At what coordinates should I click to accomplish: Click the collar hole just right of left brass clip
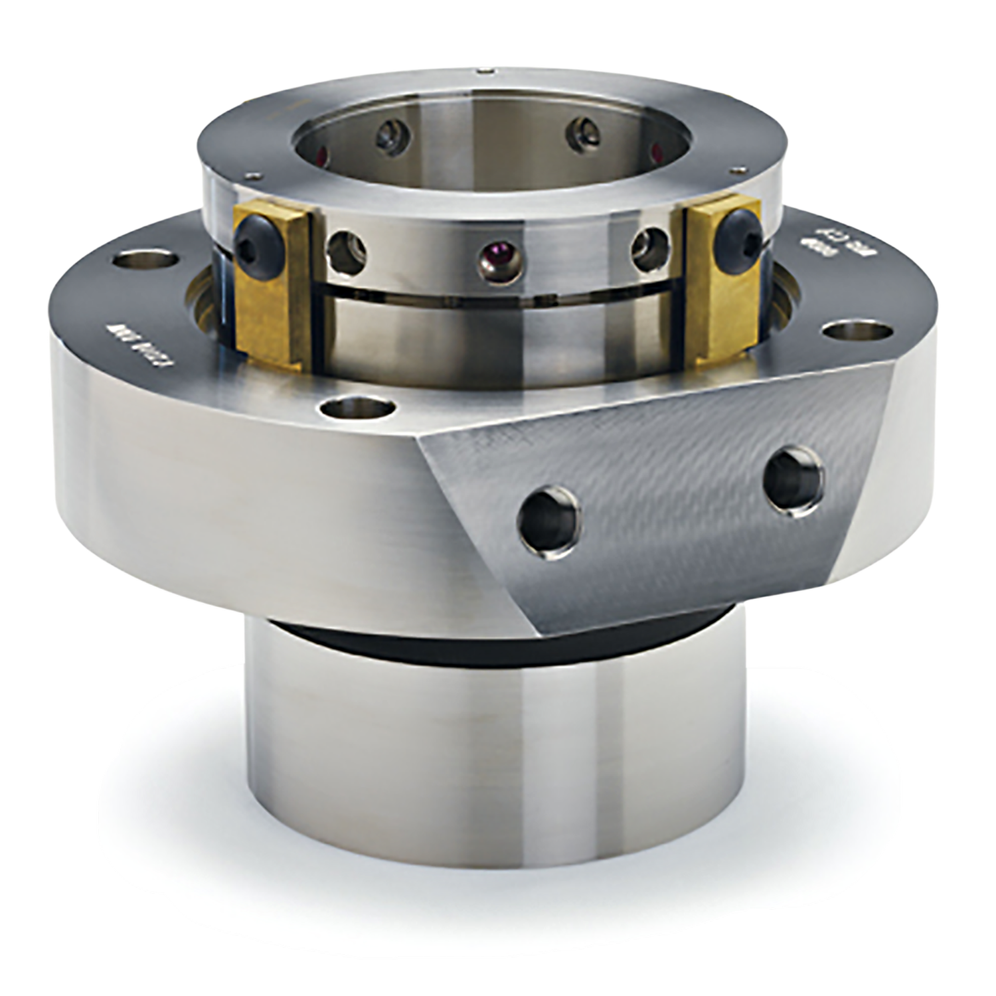349,249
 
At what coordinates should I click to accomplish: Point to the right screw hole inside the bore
584,133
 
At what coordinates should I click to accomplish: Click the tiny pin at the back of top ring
489,68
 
